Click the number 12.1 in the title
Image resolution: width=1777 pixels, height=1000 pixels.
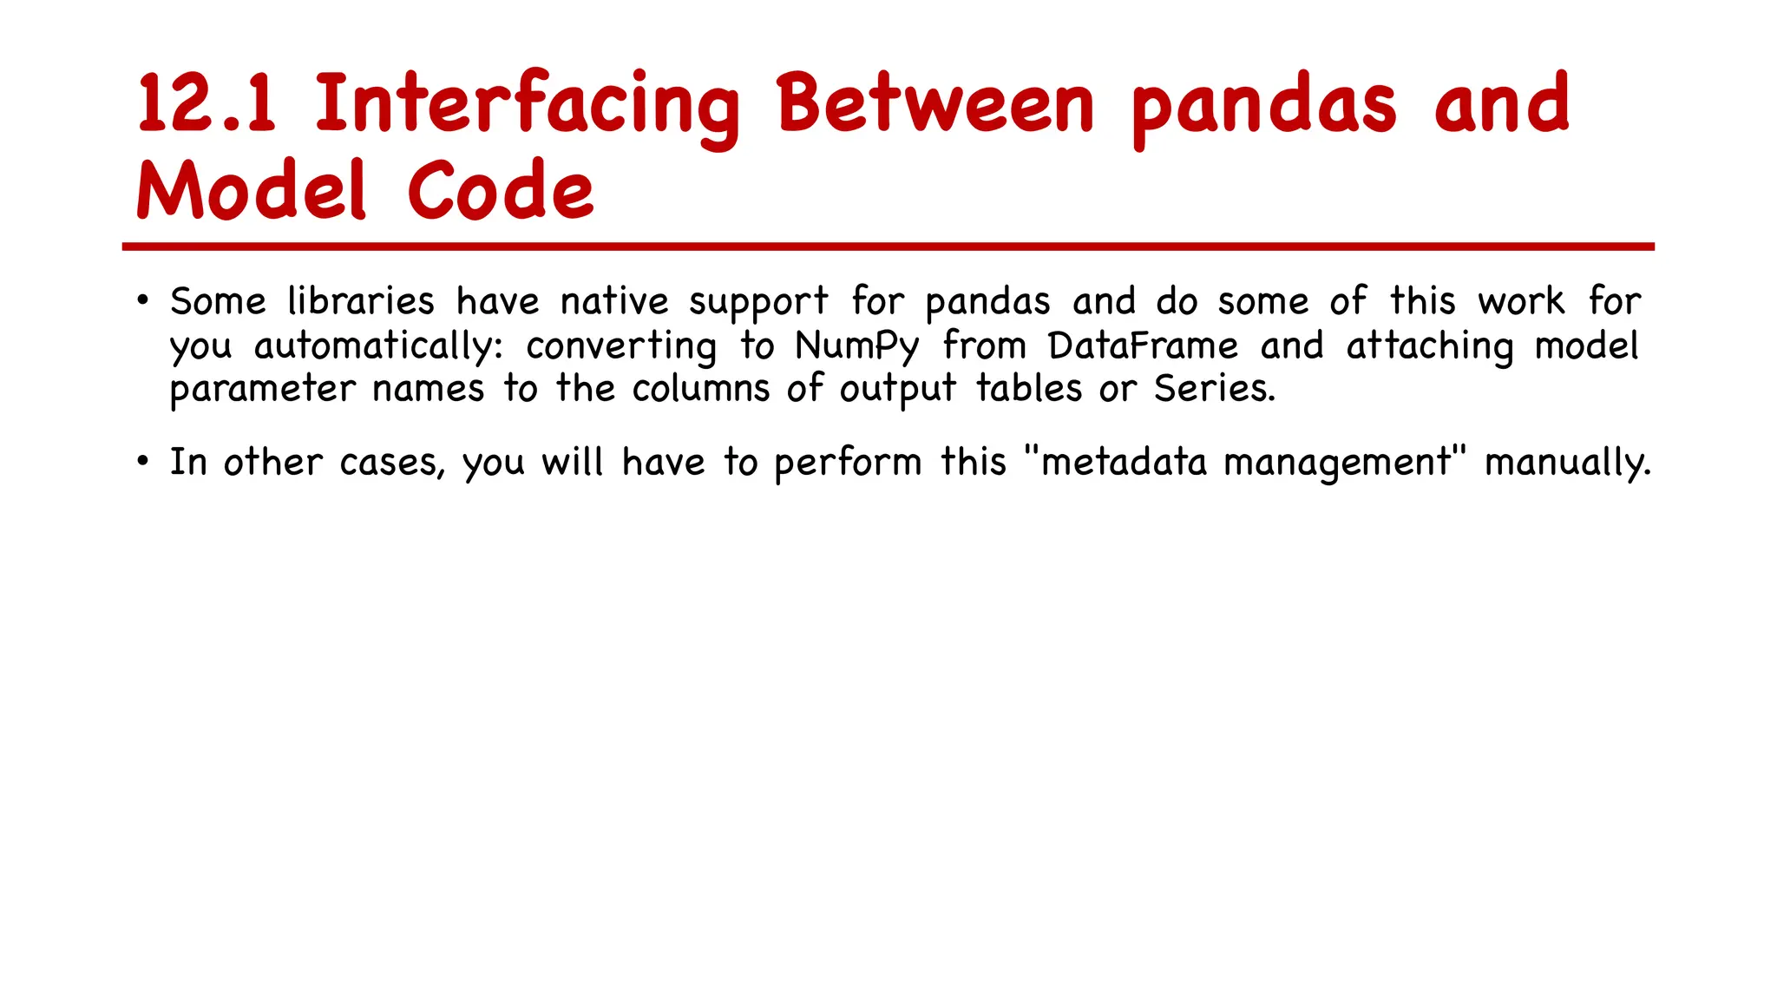coord(207,104)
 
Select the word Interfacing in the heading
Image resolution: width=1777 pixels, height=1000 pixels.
coord(527,104)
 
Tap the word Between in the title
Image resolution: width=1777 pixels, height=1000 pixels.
coord(935,104)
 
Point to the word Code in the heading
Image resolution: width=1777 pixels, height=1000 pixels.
coord(501,191)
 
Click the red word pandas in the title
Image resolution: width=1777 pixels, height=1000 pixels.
coord(1264,106)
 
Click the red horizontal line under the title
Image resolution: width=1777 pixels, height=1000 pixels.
coord(888,247)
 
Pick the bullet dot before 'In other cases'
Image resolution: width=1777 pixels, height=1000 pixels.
coord(143,462)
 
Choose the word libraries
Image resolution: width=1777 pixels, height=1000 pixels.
coord(361,302)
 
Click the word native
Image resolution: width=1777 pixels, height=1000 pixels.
coord(614,302)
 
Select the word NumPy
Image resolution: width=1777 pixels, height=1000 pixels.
coord(856,346)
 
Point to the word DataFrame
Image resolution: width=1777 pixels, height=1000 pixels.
coord(1143,346)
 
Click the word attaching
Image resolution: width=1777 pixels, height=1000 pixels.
coord(1429,346)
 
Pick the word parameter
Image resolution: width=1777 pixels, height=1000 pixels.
coord(263,390)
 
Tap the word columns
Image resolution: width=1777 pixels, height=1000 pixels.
coord(700,389)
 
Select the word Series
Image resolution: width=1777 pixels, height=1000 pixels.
coord(1214,389)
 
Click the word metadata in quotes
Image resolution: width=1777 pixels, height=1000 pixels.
coord(1124,462)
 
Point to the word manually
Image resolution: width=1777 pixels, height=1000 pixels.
coord(1567,463)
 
